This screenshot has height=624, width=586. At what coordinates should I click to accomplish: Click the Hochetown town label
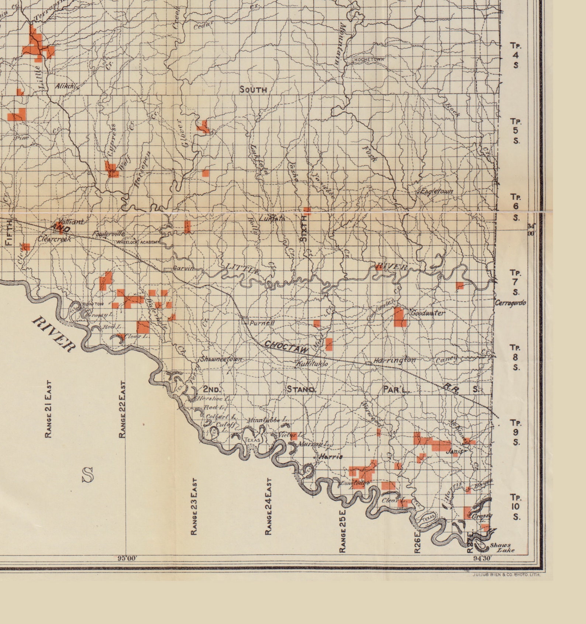click(369, 59)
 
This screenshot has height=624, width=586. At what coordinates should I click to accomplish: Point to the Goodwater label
click(428, 313)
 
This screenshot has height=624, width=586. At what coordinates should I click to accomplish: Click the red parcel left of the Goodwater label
click(400, 317)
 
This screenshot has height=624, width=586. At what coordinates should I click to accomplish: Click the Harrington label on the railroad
click(394, 360)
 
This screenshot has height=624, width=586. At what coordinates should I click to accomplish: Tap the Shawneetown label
click(221, 359)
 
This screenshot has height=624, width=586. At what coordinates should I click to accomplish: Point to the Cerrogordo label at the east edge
click(510, 303)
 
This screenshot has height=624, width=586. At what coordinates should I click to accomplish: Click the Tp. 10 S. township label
click(515, 507)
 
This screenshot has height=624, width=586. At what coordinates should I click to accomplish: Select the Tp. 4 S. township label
click(515, 55)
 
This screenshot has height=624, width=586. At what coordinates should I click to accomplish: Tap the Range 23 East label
click(194, 507)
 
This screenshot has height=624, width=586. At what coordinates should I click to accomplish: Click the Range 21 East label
click(48, 409)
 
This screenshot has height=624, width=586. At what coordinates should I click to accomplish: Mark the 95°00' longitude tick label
click(127, 558)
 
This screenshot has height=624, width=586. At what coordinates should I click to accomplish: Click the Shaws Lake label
click(502, 548)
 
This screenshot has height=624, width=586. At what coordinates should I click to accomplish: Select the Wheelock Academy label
click(138, 242)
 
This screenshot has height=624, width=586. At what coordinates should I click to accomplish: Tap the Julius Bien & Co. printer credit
click(506, 575)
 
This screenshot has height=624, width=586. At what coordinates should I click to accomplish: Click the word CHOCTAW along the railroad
click(286, 347)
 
